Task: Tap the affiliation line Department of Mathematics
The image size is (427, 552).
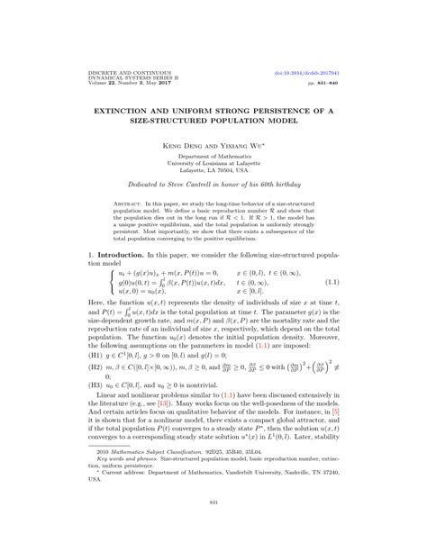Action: [213, 154]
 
